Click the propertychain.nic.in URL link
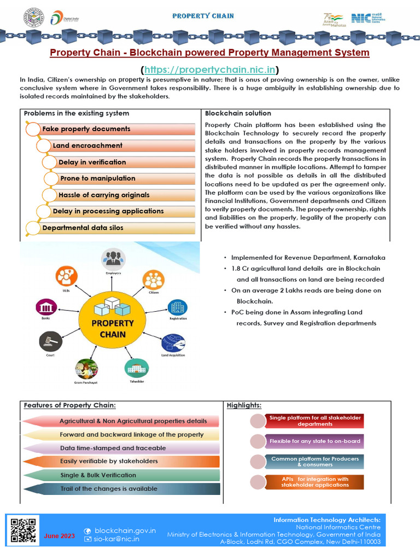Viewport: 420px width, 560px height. coord(210,69)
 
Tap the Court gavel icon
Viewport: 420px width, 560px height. coord(50,342)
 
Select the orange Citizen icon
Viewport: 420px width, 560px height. coord(154,280)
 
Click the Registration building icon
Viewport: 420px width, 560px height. coord(177,307)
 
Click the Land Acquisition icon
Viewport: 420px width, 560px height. coord(173,342)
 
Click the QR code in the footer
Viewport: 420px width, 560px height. coord(24,530)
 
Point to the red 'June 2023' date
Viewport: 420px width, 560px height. coord(60,536)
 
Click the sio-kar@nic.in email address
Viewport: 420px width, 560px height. coord(116,539)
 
